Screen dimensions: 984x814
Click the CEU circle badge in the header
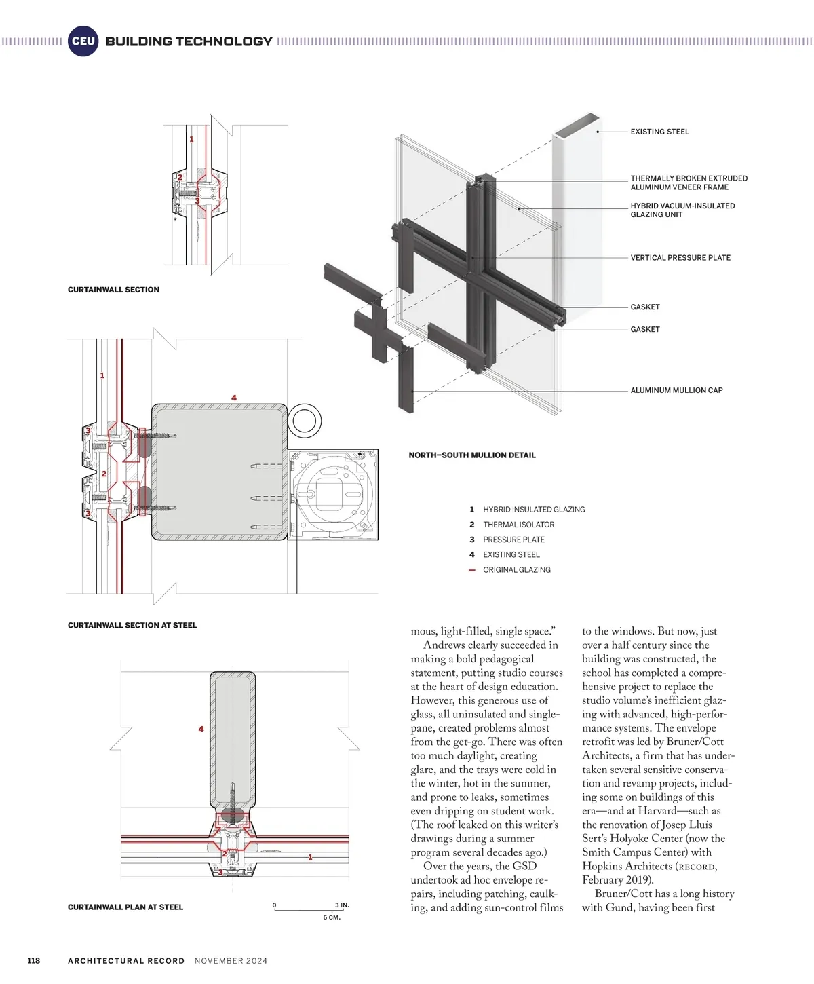pos(83,41)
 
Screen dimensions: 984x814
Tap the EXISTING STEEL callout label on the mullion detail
pos(659,132)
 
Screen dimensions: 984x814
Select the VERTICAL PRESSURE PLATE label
pos(680,258)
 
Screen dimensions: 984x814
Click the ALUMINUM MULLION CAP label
pos(676,390)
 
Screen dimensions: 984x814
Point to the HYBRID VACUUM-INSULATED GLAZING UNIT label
pos(682,210)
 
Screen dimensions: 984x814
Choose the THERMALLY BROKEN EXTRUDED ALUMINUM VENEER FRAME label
pos(689,183)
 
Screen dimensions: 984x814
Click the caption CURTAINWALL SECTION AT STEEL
pos(132,625)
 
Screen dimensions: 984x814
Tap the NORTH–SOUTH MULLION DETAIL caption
pos(472,455)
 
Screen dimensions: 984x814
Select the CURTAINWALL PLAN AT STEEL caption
pos(125,907)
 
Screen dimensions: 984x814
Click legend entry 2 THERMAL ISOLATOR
pos(518,525)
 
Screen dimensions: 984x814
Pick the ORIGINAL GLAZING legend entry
pos(516,570)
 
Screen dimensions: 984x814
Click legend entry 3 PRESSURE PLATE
pos(513,540)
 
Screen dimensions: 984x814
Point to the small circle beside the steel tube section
pos(305,420)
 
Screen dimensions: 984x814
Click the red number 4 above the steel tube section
pos(234,398)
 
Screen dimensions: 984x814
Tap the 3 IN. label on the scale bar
pos(342,905)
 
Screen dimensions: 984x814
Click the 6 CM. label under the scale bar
pos(332,917)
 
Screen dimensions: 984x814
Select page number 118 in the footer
pos(33,960)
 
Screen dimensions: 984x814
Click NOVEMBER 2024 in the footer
pos(231,960)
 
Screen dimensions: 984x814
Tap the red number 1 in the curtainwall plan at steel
pos(311,857)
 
